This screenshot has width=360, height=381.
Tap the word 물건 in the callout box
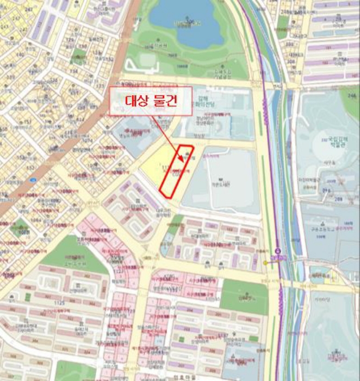(166, 101)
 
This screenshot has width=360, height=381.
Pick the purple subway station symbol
(278, 251)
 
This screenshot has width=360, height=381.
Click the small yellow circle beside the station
(266, 262)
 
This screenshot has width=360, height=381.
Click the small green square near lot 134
(80, 54)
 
